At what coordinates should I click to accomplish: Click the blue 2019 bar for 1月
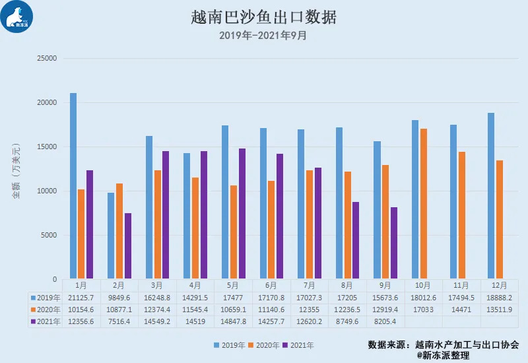73,185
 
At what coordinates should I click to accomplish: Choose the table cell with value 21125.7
81,298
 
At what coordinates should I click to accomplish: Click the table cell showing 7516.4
119,321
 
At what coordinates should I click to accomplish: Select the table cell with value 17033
423,310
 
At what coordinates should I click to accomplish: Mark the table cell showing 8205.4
385,321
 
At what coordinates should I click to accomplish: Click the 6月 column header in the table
271,286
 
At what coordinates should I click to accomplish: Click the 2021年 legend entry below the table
298,345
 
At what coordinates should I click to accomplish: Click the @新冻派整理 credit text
443,355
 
